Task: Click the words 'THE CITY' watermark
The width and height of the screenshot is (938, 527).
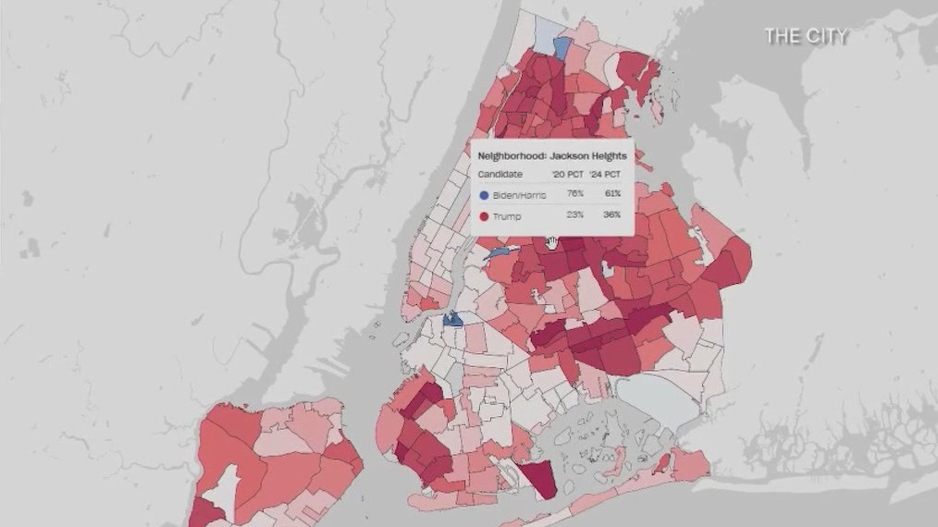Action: coord(805,36)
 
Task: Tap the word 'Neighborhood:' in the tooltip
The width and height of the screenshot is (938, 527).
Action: coord(512,156)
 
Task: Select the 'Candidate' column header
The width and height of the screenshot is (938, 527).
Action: coord(500,174)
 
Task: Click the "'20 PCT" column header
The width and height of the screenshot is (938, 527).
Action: coord(568,174)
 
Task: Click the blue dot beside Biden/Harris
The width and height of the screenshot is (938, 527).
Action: coord(484,195)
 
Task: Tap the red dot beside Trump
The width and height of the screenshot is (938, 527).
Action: coord(484,216)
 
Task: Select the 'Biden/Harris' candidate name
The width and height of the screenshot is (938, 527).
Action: coord(521,195)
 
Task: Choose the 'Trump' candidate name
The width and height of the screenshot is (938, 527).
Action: coord(507,216)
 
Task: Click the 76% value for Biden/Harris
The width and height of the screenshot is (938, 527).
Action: coord(576,195)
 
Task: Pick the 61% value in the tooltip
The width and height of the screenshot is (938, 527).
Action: coord(611,195)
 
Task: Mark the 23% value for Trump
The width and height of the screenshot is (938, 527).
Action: coord(576,216)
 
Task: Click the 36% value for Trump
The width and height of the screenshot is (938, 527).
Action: coord(611,216)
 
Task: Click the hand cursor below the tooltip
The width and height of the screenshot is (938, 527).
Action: coord(552,243)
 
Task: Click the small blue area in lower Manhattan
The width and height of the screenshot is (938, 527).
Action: coord(452,319)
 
